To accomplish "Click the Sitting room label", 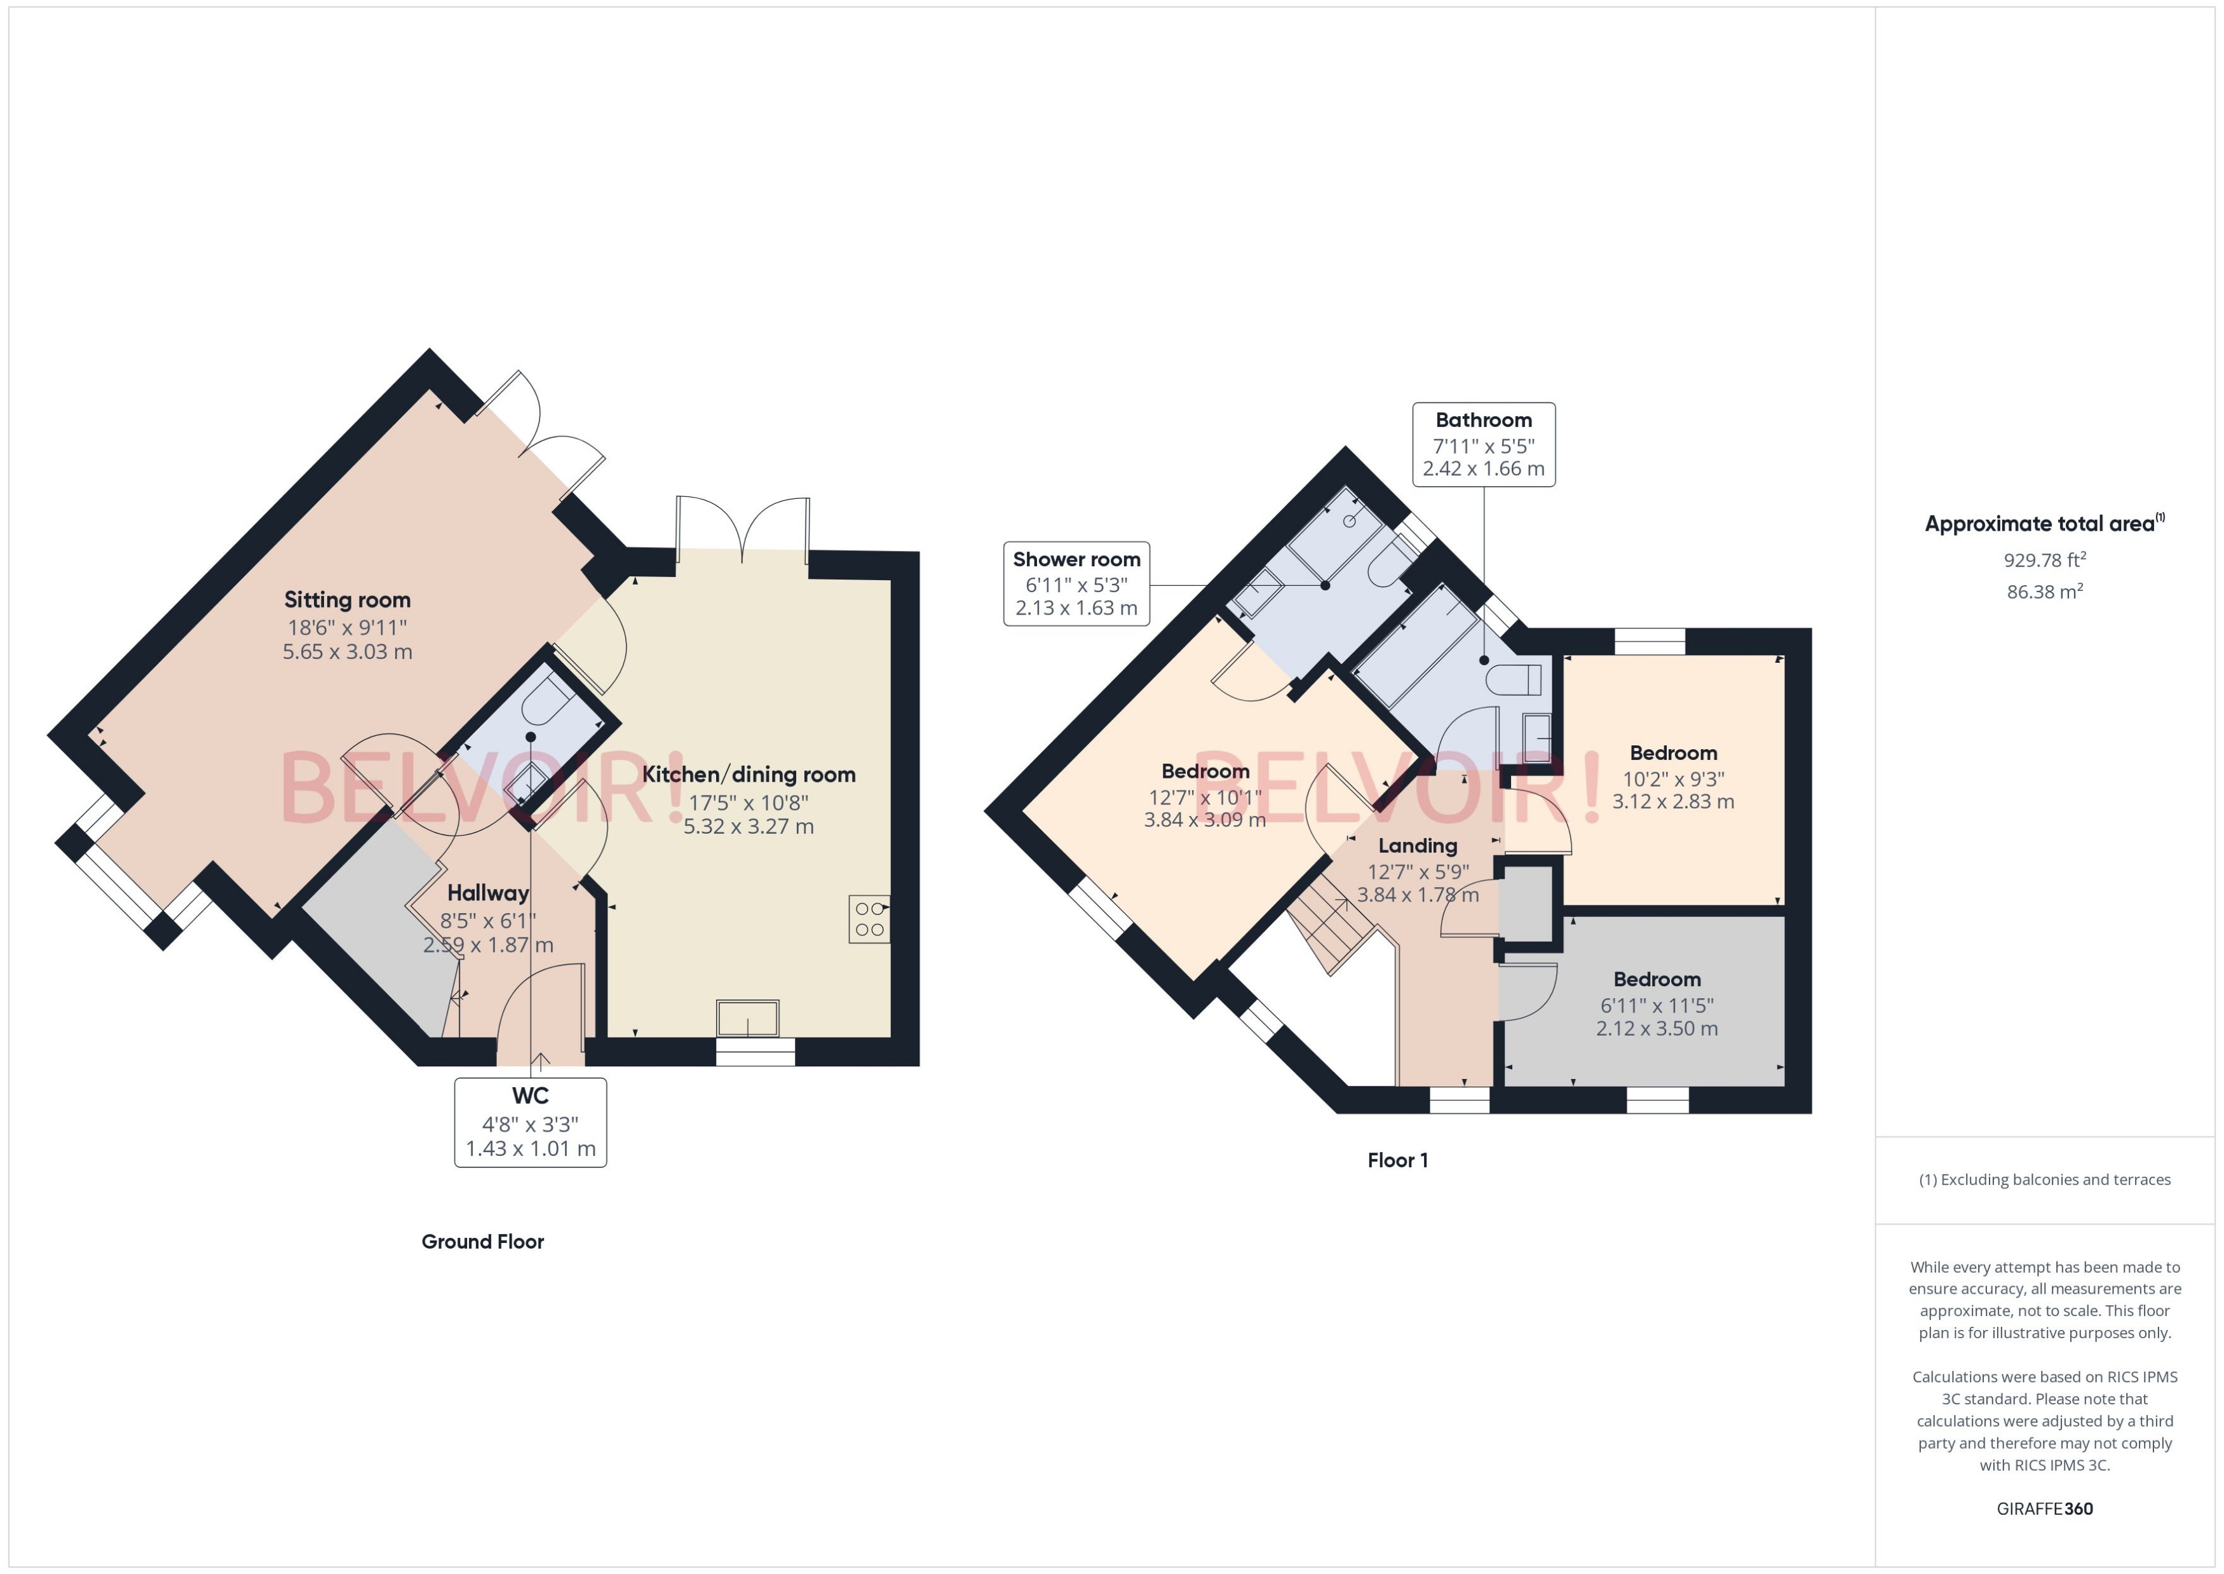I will (x=347, y=600).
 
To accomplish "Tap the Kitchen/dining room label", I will (x=748, y=775).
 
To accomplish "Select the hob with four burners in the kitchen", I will (x=869, y=919).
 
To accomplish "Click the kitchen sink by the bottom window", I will (x=747, y=1019).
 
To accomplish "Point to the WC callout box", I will (x=530, y=1122).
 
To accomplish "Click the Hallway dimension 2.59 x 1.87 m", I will (x=487, y=945).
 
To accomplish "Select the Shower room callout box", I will (x=1076, y=583).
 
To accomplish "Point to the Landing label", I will (x=1417, y=845).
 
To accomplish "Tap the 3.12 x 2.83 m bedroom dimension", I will (x=1672, y=801).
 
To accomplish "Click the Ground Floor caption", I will (x=482, y=1242).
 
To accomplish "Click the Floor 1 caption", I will (x=1397, y=1160).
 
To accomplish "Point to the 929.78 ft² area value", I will (x=2044, y=560).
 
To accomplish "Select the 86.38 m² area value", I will (x=2044, y=591).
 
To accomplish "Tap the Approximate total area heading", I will (x=2039, y=524).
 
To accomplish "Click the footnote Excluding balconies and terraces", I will (x=2044, y=1179).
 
